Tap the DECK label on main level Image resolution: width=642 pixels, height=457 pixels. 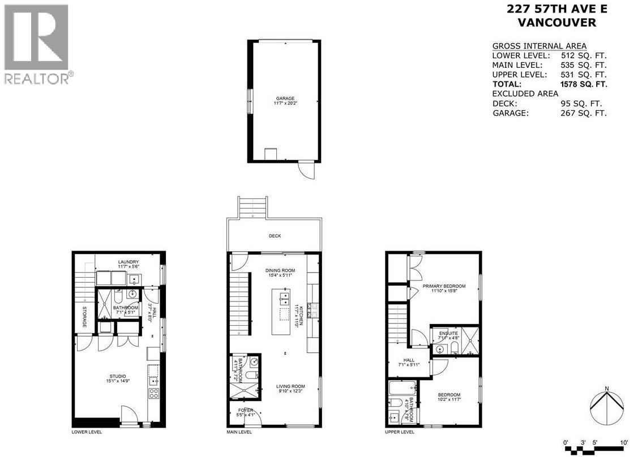pos(275,236)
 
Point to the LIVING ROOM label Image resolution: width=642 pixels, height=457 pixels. pos(291,387)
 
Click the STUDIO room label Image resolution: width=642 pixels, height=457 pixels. pos(118,376)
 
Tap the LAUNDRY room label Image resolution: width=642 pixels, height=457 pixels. pos(129,262)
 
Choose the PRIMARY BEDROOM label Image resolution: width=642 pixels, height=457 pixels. pos(444,286)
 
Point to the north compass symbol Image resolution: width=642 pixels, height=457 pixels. pos(606,406)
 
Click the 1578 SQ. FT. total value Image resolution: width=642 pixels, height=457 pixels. pos(583,84)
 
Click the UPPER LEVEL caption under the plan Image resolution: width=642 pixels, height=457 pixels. pos(400,432)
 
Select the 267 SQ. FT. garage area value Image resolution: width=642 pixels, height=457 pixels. pos(583,113)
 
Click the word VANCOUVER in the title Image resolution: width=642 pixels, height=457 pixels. pos(549,23)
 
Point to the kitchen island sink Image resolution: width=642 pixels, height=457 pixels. pos(284,298)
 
